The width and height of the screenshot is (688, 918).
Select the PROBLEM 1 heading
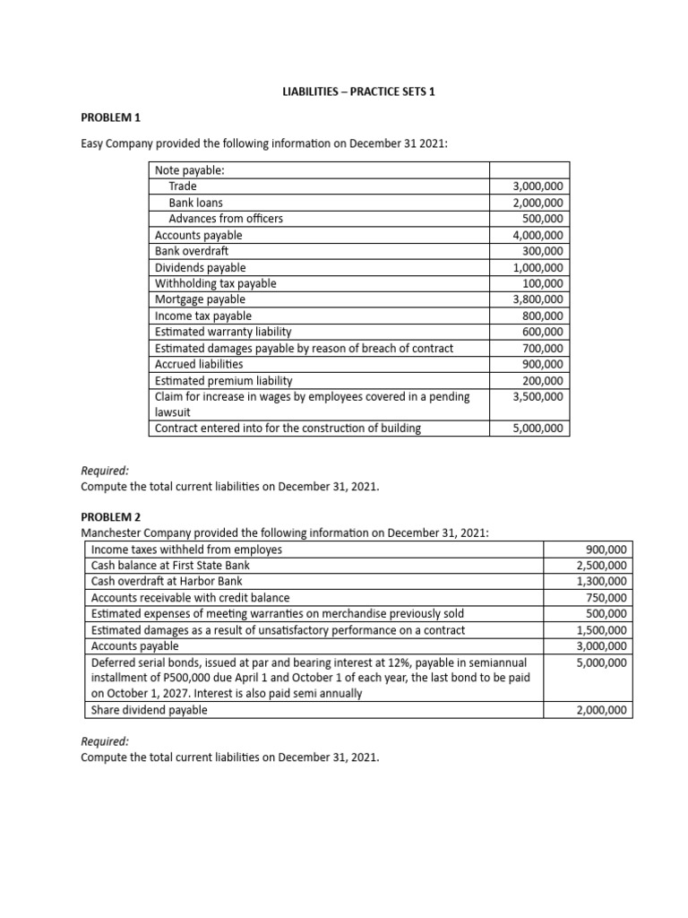[x=111, y=117]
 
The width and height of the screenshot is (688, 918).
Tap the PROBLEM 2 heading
[x=111, y=517]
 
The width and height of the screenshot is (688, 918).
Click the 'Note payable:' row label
[x=189, y=170]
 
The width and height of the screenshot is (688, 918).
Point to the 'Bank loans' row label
[x=196, y=203]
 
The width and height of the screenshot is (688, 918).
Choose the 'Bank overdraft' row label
[x=192, y=251]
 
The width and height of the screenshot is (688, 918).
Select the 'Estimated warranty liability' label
[x=223, y=332]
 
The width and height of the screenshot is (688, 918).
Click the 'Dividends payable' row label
[x=200, y=267]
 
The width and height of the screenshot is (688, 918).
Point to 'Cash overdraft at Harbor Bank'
[x=167, y=581]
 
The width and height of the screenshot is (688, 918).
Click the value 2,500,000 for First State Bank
[x=602, y=565]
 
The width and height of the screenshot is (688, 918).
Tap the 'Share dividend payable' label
[x=150, y=710]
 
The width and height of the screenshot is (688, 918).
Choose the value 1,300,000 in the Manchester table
[x=602, y=581]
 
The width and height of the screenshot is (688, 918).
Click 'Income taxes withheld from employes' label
[x=186, y=549]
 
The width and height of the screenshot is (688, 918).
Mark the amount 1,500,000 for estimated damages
[x=602, y=629]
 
